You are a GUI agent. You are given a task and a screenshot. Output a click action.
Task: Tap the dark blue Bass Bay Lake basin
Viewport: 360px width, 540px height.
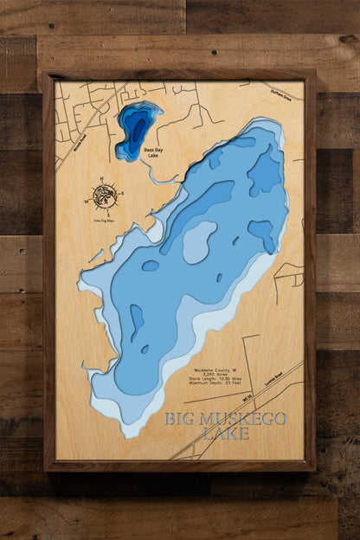tap(135, 128)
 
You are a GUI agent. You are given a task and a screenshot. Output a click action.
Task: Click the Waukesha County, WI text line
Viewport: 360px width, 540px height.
tap(214, 368)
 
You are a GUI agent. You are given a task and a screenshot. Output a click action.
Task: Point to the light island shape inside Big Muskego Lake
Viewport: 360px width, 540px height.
tap(199, 241)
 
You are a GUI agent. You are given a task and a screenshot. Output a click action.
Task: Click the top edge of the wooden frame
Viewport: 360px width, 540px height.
tap(179, 75)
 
